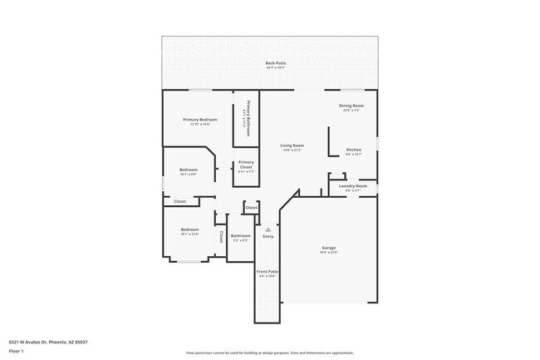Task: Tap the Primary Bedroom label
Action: pos(200,120)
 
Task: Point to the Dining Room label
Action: pos(351,106)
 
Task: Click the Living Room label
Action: pos(292,145)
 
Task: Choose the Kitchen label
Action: pos(354,150)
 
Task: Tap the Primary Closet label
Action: pos(246,164)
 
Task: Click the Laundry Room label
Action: pos(353,185)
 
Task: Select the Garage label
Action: pos(329,248)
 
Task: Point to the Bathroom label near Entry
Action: pos(241,236)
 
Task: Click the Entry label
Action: pos(268,237)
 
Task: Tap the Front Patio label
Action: pos(268,271)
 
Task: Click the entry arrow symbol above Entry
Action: pos(268,229)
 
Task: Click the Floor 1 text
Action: pos(17,350)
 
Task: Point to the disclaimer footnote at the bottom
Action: pos(270,353)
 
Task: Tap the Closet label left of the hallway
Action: pos(179,201)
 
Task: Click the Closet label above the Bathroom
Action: pos(252,207)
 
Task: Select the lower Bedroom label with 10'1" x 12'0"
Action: pos(190,229)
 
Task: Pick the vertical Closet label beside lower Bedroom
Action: pos(221,236)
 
